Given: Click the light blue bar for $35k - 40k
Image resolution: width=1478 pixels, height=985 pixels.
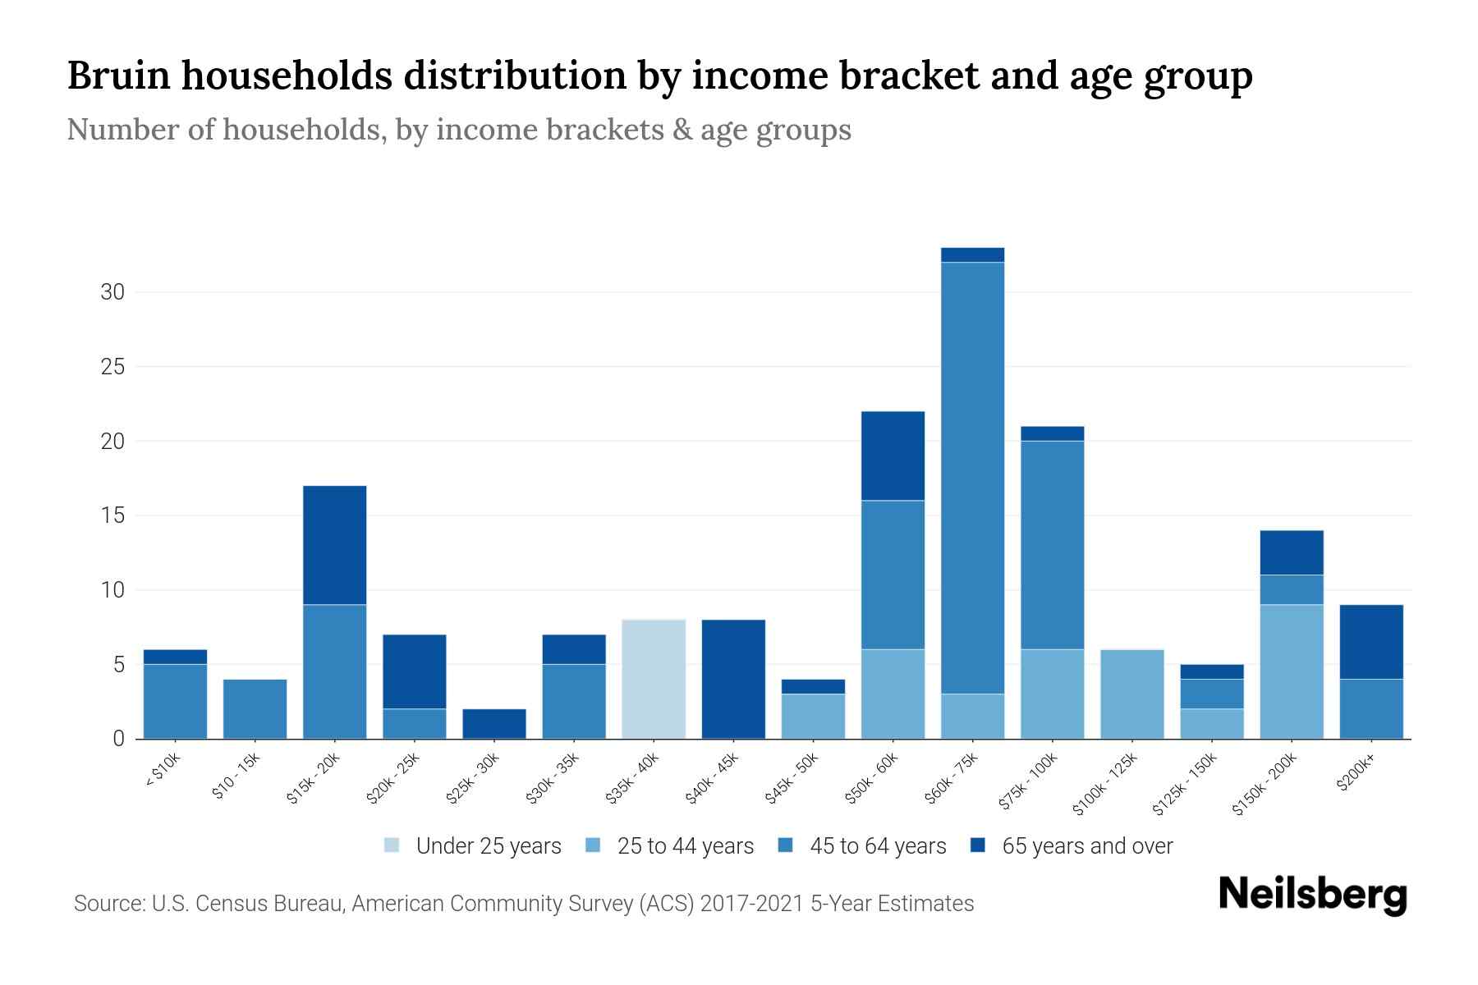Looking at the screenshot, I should (x=654, y=679).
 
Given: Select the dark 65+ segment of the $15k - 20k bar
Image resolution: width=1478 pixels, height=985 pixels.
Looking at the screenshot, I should (x=334, y=545).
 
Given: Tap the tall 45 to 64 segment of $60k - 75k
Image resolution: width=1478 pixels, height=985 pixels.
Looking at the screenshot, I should (x=972, y=478).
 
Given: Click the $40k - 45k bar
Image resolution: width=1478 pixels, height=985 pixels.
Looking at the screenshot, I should (x=733, y=679).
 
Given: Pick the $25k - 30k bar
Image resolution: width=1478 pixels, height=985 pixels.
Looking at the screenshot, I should (x=494, y=723).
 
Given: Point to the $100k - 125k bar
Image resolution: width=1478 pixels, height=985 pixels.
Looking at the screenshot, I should (x=1131, y=694).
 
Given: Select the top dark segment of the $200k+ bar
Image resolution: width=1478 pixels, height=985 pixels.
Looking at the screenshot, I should (x=1370, y=642).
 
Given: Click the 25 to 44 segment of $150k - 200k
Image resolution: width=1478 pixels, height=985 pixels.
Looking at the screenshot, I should (x=1291, y=671).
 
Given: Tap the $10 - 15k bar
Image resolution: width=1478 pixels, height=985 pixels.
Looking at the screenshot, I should (x=255, y=708).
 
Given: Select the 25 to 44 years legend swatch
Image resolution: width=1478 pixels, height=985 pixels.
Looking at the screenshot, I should (x=593, y=845).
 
